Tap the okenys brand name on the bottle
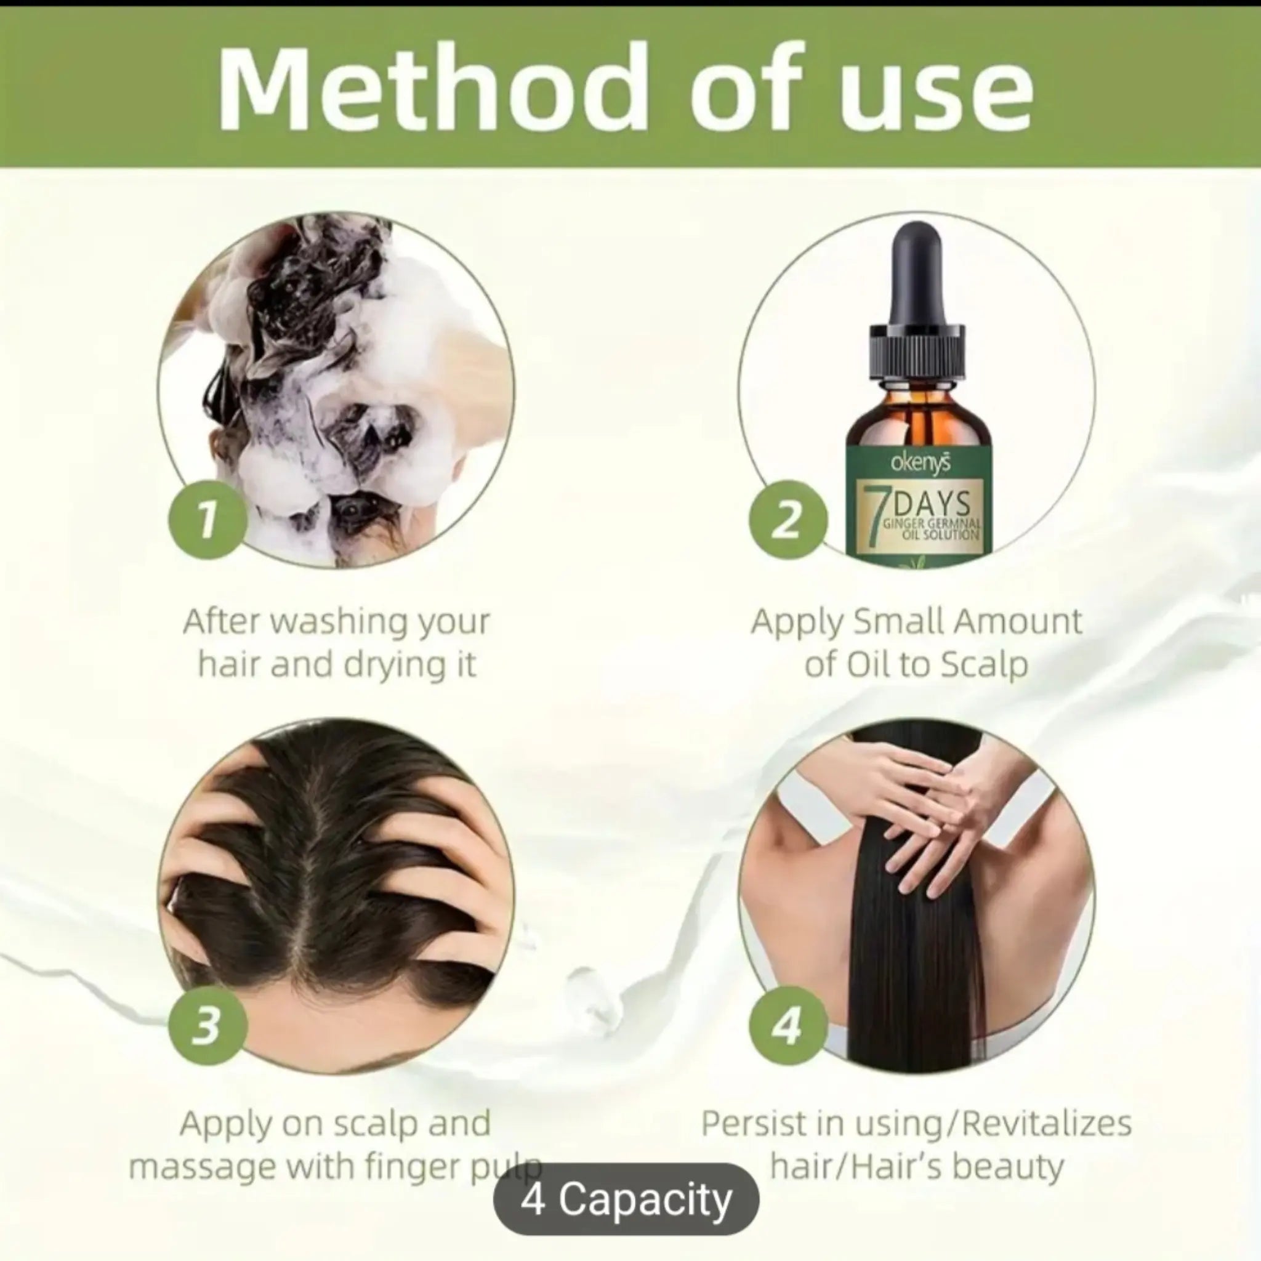point(921,464)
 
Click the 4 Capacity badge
point(626,1199)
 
